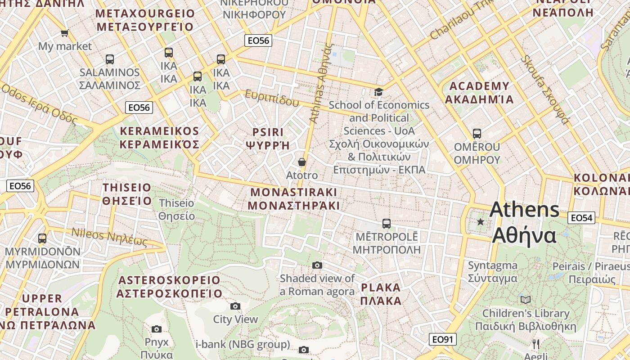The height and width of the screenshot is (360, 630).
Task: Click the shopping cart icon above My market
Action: coord(65,33)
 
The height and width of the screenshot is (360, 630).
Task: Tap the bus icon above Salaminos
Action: coord(109,59)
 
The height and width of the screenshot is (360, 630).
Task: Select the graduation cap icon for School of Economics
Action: coord(379,92)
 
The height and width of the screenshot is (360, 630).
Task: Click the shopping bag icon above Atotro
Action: coord(302,162)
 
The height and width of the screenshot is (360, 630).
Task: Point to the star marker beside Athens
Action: coord(481,221)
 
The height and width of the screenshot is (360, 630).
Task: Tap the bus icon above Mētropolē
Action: coord(386,223)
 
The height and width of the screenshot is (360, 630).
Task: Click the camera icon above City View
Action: coord(235,306)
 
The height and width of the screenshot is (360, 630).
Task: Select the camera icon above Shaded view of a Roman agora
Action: coord(317,265)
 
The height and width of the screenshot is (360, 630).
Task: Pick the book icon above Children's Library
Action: coord(525,300)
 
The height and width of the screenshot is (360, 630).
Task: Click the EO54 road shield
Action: coord(581,218)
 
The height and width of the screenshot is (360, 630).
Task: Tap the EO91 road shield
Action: coord(443,339)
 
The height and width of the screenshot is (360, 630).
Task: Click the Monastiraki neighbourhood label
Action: coord(293,198)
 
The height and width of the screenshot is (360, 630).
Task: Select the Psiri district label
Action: coord(268,139)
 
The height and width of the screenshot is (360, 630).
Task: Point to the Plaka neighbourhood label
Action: coord(381,294)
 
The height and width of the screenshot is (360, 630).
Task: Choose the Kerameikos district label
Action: coord(159,138)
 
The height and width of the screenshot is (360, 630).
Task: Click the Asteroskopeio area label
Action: coord(169,287)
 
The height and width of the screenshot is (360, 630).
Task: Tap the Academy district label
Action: coord(479,93)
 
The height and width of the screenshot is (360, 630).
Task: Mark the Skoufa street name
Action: coord(545,90)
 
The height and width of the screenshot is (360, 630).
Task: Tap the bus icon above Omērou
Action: coord(477,134)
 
